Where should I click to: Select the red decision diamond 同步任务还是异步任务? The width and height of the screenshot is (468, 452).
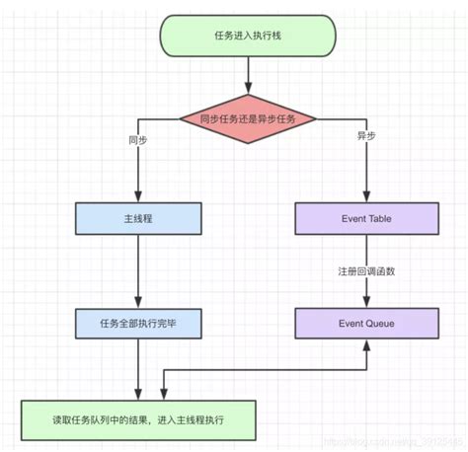248,119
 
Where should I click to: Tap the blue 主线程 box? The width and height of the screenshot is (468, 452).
138,219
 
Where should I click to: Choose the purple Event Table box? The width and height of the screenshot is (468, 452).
366,219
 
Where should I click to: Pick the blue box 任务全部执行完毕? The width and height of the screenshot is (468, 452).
138,322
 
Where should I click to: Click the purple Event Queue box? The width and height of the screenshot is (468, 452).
366,322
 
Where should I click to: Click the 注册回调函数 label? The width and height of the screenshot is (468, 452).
367,270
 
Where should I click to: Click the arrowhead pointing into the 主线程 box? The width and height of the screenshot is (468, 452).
138,197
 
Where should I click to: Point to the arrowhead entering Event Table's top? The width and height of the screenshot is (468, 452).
366,197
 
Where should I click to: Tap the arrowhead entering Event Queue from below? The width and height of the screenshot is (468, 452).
366,343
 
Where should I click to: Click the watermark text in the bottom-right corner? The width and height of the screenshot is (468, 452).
406,441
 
